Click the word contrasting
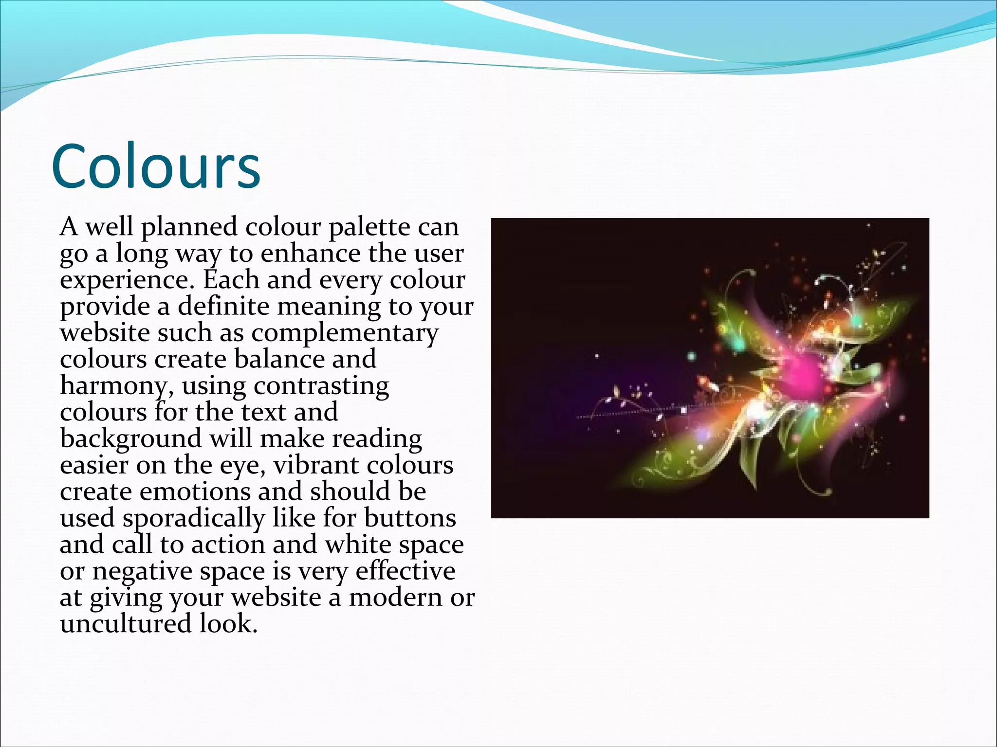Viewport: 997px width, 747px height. pos(321,386)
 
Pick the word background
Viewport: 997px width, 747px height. pos(130,438)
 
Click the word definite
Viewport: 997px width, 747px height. pos(223,306)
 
